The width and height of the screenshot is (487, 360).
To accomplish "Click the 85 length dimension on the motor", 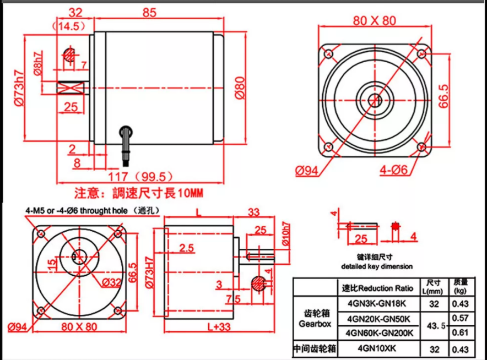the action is [149, 13].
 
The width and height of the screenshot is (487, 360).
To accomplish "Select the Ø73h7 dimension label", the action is [19, 88].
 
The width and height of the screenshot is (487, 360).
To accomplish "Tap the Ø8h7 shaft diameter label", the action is [38, 63].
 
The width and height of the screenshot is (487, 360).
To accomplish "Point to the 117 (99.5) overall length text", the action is [140, 177].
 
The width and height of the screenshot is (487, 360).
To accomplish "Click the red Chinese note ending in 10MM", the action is [138, 193].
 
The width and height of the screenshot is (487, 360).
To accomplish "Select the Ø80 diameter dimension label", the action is [240, 88].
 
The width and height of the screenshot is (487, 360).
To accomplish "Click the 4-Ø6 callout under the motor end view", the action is [393, 170].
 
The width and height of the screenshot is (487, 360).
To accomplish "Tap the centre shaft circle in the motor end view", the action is [375, 100].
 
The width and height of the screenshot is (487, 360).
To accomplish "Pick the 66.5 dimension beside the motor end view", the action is [444, 96].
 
